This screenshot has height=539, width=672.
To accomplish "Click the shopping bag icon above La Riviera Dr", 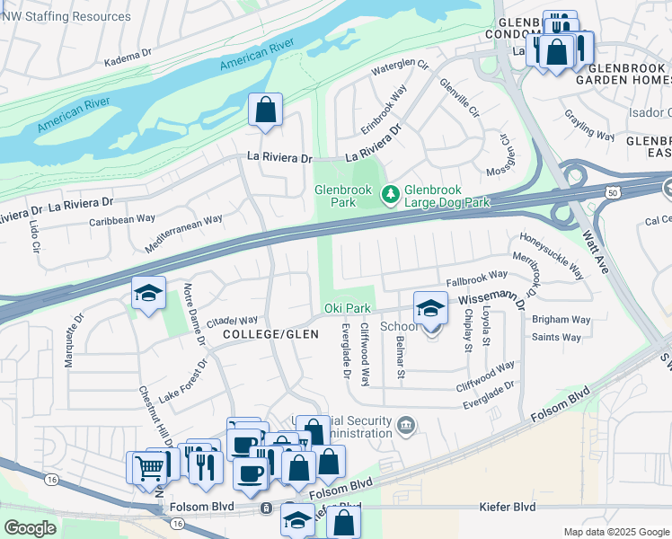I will [266, 111].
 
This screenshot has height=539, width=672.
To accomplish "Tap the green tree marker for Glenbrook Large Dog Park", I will [391, 193].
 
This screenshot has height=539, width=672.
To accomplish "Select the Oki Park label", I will [347, 309].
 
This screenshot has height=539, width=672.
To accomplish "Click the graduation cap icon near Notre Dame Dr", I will [149, 293].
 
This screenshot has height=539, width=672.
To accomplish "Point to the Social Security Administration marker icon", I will [406, 424].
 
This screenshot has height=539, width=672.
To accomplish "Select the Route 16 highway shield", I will [51, 480].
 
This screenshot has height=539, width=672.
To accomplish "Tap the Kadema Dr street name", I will [128, 57].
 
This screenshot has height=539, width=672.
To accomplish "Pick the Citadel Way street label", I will [233, 320].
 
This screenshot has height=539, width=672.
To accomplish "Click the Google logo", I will [30, 528].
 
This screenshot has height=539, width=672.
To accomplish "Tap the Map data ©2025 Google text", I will [615, 532].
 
